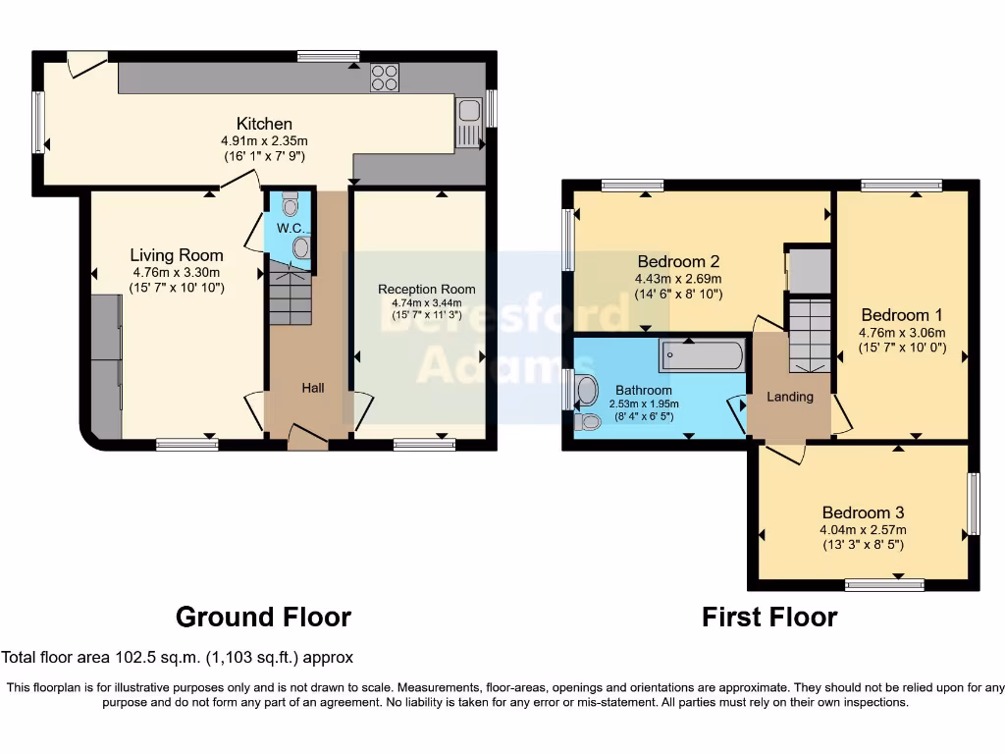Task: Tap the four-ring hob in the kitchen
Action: pos(384,78)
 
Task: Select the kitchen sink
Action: pos(469,124)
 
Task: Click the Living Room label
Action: pos(177,255)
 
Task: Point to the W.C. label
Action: pos(289,229)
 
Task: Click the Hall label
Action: pos(313,389)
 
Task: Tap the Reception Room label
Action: pos(427,289)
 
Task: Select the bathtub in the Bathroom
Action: pos(703,355)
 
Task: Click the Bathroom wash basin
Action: pos(587,391)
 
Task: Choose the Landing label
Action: pos(790,397)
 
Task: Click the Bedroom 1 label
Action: pos(902,315)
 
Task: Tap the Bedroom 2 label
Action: pos(679,261)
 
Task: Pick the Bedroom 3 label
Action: pos(863,512)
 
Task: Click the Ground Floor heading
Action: pos(263,617)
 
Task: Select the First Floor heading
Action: pos(769,617)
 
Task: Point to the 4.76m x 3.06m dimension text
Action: pos(902,332)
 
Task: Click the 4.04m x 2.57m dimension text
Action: pos(863,530)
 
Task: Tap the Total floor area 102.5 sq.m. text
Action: pos(178,658)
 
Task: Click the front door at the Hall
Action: pos(307,439)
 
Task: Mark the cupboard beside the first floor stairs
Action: pos(810,272)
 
